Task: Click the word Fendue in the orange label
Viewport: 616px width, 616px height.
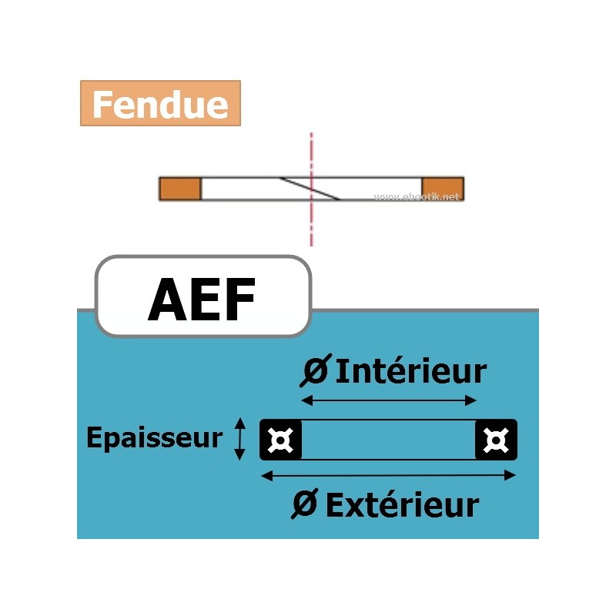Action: coord(160,105)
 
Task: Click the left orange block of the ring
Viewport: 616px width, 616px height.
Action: coord(179,189)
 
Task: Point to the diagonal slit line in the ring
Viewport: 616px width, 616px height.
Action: coord(310,189)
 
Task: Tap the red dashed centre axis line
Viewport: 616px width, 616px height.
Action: coord(311,227)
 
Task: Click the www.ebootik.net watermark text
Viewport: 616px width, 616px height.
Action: coord(417,197)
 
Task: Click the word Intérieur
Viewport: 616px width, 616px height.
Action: coord(412,371)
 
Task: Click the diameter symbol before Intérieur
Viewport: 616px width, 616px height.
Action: coord(313,371)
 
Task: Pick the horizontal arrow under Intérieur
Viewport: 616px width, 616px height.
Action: coord(389,400)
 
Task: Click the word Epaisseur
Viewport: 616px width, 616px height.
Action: coord(154,438)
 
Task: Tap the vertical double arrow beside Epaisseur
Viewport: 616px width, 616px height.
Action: coord(240,439)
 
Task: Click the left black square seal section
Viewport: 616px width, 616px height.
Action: coord(281,440)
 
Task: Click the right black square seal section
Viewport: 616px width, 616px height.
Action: coord(496,440)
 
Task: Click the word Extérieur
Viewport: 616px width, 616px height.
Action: coord(402,506)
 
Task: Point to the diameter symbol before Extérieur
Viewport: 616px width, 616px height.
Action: coord(306,506)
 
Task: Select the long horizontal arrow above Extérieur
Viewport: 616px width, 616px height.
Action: coord(389,476)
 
